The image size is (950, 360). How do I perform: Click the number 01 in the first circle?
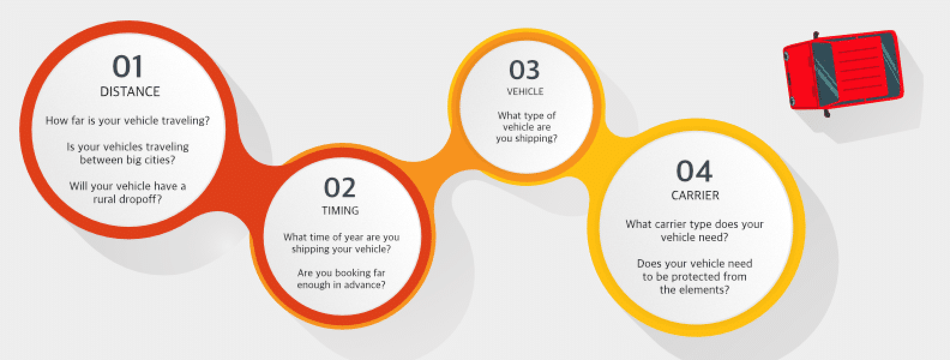[127, 67]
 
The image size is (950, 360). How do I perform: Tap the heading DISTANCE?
[130, 92]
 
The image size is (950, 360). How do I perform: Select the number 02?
[339, 187]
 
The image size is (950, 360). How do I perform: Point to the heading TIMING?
[340, 211]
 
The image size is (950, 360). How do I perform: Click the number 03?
[524, 70]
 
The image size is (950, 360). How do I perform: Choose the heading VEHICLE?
[525, 91]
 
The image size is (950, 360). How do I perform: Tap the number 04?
[695, 171]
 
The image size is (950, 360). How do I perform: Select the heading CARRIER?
[695, 195]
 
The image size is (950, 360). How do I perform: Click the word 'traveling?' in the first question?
[187, 121]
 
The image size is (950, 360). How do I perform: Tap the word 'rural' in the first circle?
[104, 199]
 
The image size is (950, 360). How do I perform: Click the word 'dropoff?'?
[140, 199]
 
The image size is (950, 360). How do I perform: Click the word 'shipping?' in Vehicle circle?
[535, 139]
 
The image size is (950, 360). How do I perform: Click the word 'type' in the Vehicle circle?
[534, 116]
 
